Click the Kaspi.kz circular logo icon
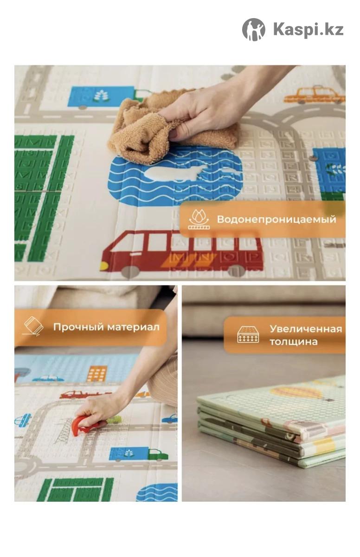[253, 30]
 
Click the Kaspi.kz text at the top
[309, 30]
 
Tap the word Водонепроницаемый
[276, 220]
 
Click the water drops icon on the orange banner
[199, 219]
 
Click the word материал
[133, 327]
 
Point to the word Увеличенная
[306, 329]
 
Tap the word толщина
[294, 342]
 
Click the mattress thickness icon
[248, 335]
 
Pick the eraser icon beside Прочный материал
[33, 326]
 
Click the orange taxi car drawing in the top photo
[315, 95]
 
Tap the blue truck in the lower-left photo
[139, 454]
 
